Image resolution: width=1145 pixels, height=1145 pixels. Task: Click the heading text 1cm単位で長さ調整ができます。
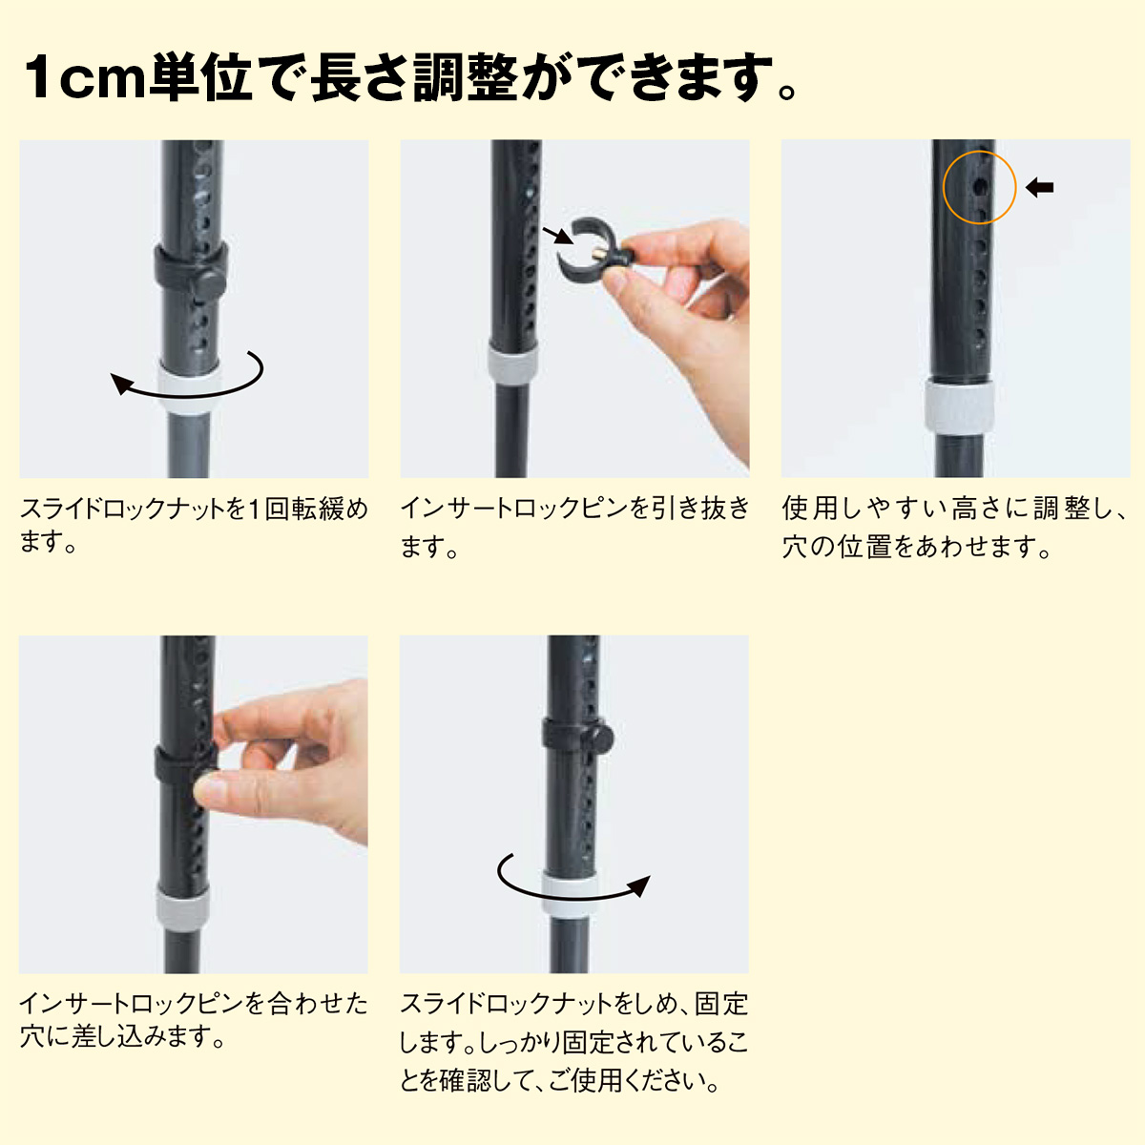[410, 77]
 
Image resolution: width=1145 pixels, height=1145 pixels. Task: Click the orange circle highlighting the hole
[944, 188]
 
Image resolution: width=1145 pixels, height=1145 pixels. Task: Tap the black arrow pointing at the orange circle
[1039, 188]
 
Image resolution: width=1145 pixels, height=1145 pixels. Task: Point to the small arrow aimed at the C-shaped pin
[557, 236]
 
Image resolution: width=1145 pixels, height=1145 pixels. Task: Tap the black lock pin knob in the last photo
[600, 738]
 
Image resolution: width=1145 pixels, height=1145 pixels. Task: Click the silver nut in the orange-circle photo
[959, 408]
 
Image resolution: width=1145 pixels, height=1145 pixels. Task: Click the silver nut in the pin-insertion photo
[183, 908]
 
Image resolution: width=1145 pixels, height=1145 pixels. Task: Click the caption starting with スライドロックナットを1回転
[194, 525]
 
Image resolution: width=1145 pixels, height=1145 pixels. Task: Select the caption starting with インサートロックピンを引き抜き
[574, 527]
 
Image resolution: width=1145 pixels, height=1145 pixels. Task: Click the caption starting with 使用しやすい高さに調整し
[955, 527]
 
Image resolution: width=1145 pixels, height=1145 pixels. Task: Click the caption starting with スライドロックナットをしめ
[574, 1042]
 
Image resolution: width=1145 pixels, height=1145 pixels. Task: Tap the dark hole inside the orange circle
[979, 188]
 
